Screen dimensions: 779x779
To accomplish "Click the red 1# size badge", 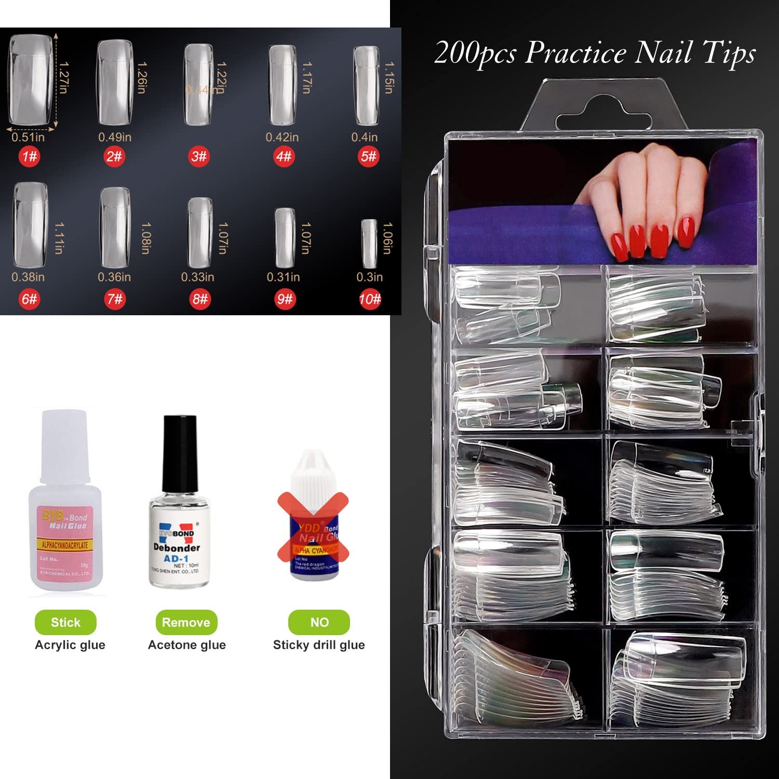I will click(29, 156).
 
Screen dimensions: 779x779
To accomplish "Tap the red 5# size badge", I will click(368, 156).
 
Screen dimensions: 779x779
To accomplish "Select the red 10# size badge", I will click(370, 299).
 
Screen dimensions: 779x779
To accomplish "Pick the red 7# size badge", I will click(115, 299).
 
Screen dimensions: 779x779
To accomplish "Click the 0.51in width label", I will click(28, 137).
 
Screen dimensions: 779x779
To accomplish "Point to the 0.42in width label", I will click(282, 137).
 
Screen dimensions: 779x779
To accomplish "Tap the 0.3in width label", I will click(369, 277).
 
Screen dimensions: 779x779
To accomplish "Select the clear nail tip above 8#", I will click(200, 232).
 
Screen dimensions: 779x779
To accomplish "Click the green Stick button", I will click(65, 622).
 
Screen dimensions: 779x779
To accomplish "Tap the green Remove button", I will click(186, 622).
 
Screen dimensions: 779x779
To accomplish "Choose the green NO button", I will click(319, 622).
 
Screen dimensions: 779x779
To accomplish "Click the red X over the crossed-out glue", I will click(313, 527).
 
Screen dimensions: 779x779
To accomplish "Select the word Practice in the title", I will click(576, 53).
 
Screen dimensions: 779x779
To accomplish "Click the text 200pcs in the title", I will click(475, 54).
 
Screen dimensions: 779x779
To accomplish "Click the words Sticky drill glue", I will click(319, 645).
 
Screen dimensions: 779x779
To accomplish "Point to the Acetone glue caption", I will click(187, 645).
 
